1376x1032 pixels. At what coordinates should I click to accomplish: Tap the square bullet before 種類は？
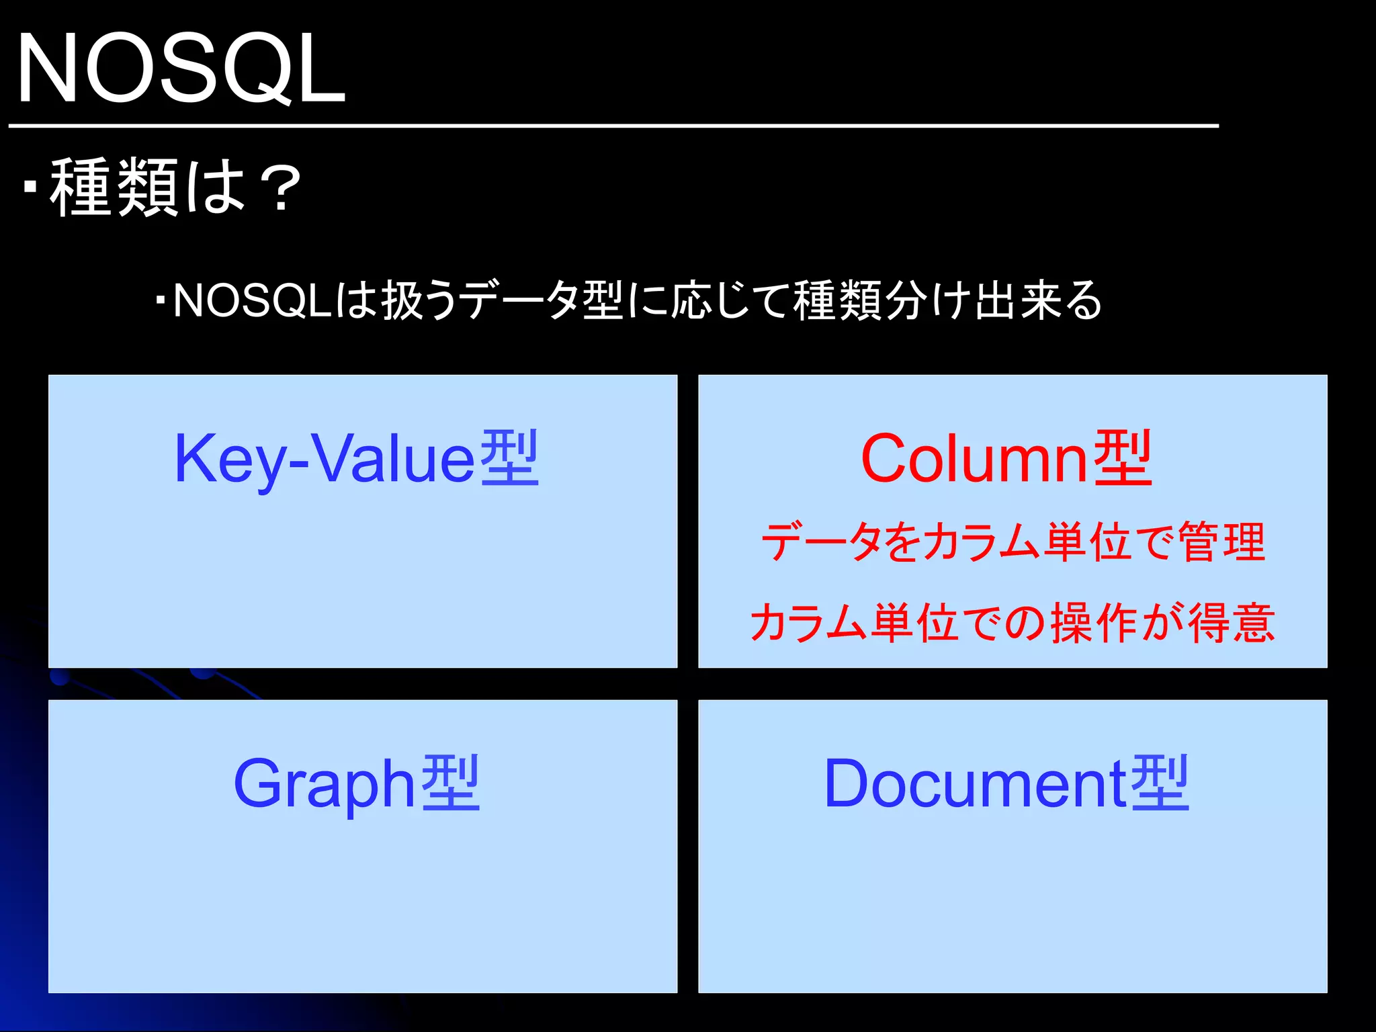click(x=29, y=186)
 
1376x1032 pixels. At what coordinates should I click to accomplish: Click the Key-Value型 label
click(x=356, y=458)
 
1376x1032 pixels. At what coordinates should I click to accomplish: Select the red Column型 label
click(x=1006, y=458)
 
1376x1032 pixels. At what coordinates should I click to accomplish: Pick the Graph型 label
click(x=356, y=783)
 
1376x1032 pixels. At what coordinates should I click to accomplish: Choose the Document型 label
click(x=1006, y=783)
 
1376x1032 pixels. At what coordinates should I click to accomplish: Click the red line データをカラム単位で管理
click(x=1013, y=542)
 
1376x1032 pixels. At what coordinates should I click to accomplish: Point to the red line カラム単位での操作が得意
click(x=1013, y=623)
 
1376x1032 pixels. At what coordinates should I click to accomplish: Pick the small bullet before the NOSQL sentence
click(x=160, y=300)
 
